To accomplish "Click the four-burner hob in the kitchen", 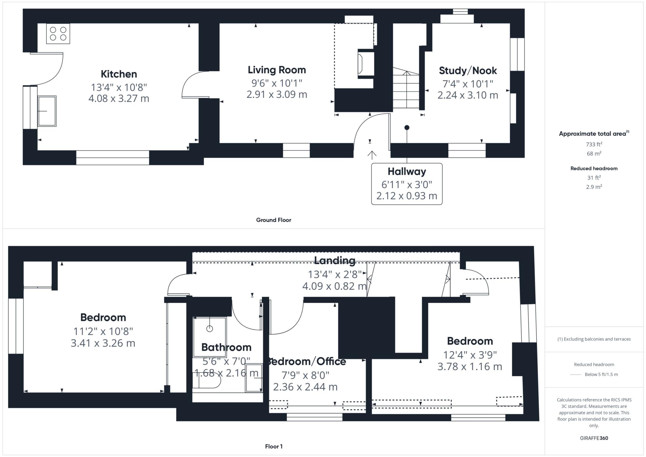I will [x=58, y=33].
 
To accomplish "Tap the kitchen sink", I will [x=47, y=111].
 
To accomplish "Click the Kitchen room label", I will [x=119, y=74].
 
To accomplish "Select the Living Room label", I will [x=277, y=70].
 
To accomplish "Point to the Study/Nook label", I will [x=468, y=71].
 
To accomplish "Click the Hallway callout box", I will [x=407, y=184].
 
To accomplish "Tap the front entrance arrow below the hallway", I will [x=372, y=155].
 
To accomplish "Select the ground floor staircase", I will [x=406, y=90].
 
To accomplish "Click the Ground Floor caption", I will [x=273, y=220].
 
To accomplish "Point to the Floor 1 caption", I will [x=273, y=446].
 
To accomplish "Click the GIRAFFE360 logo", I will [x=594, y=438].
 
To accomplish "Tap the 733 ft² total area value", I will [x=594, y=144].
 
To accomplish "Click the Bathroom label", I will [x=226, y=347].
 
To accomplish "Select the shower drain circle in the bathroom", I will [x=209, y=329].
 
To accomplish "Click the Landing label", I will [x=335, y=261].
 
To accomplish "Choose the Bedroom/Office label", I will [x=307, y=361].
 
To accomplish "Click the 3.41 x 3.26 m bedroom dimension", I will [x=103, y=343].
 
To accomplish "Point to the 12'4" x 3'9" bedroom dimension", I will [x=470, y=355].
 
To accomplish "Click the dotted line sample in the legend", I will [x=576, y=375].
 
